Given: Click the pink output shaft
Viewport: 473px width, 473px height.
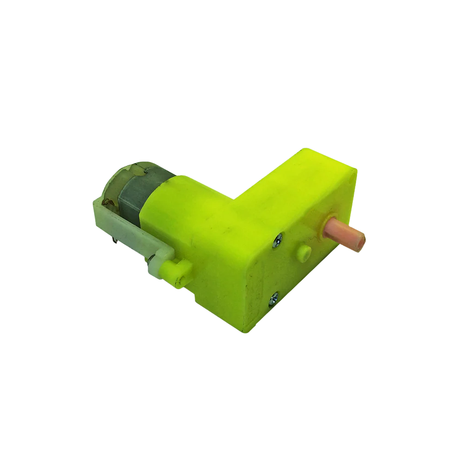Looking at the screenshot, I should (x=344, y=235).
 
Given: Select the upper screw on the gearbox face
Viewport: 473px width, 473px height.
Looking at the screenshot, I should (x=278, y=241).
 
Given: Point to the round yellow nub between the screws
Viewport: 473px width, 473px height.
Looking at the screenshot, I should (x=303, y=253).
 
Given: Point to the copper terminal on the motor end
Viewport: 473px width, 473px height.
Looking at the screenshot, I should (x=107, y=201).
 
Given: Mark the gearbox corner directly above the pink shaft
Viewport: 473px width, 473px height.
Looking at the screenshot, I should (x=355, y=172).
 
